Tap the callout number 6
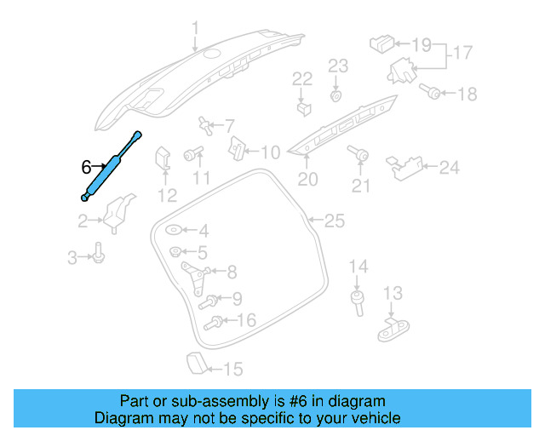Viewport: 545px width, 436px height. coord(86,167)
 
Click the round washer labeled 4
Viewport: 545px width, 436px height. coord(174,230)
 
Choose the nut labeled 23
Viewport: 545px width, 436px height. coord(337,94)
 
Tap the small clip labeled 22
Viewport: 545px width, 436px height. coord(302,107)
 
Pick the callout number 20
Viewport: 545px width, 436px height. coord(307,180)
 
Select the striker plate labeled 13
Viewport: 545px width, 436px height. coord(392,326)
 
